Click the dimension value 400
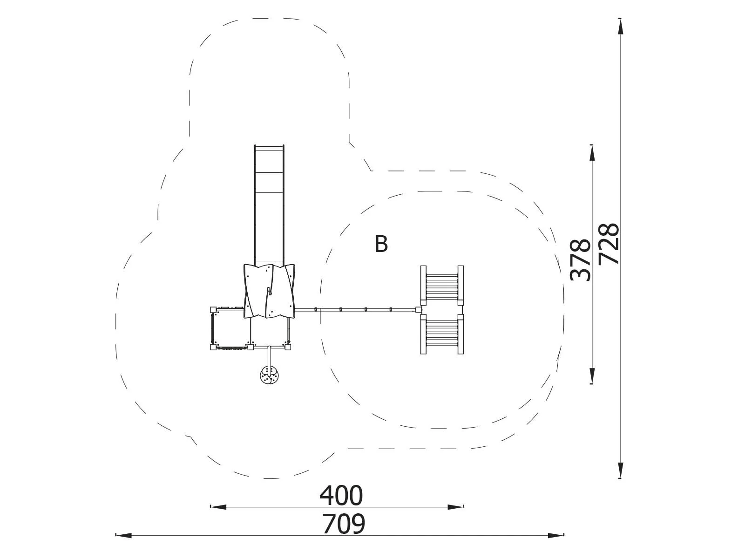pos(341,496)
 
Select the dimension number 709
pos(344,524)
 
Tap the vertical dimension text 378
pos(580,260)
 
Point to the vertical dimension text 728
pos(609,244)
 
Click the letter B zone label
pos(381,244)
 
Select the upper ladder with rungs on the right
pos(442,286)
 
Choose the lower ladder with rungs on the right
pos(442,334)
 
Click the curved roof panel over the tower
pos(270,291)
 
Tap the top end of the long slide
pos(269,146)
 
